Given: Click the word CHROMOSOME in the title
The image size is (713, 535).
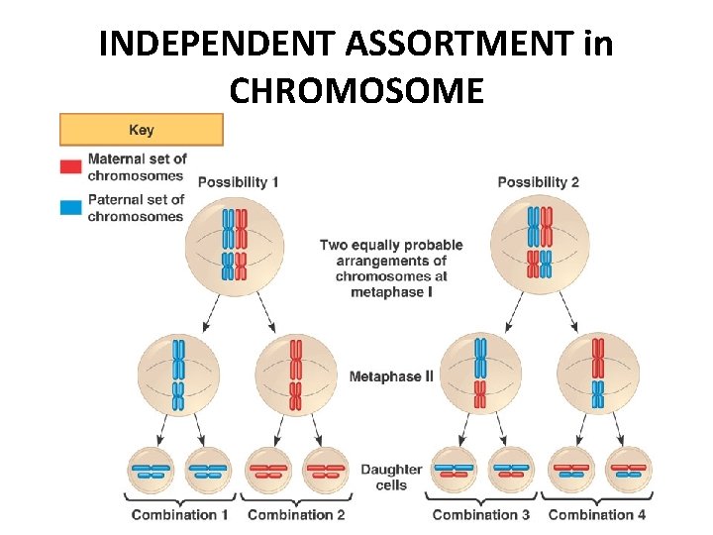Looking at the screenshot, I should point(356,90).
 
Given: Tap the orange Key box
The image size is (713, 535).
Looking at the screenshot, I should point(141,130).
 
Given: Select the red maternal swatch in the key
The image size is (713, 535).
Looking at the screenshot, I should point(70,167).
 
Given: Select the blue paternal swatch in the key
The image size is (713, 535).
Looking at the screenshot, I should point(70,208).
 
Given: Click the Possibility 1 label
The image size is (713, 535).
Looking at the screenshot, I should point(238,182).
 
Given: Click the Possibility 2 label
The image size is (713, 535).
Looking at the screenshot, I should point(538,182).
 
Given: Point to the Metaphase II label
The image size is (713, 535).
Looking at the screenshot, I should point(391,376).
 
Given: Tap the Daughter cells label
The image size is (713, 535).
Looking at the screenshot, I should point(391,477).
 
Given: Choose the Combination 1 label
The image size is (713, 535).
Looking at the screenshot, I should point(180,514).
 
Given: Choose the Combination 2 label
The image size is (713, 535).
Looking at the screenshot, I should point(296,514).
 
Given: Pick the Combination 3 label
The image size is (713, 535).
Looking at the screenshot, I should point(481,514).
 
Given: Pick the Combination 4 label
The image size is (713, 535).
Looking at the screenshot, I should point(597,514).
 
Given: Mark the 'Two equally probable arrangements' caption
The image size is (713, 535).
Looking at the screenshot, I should point(391,268).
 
